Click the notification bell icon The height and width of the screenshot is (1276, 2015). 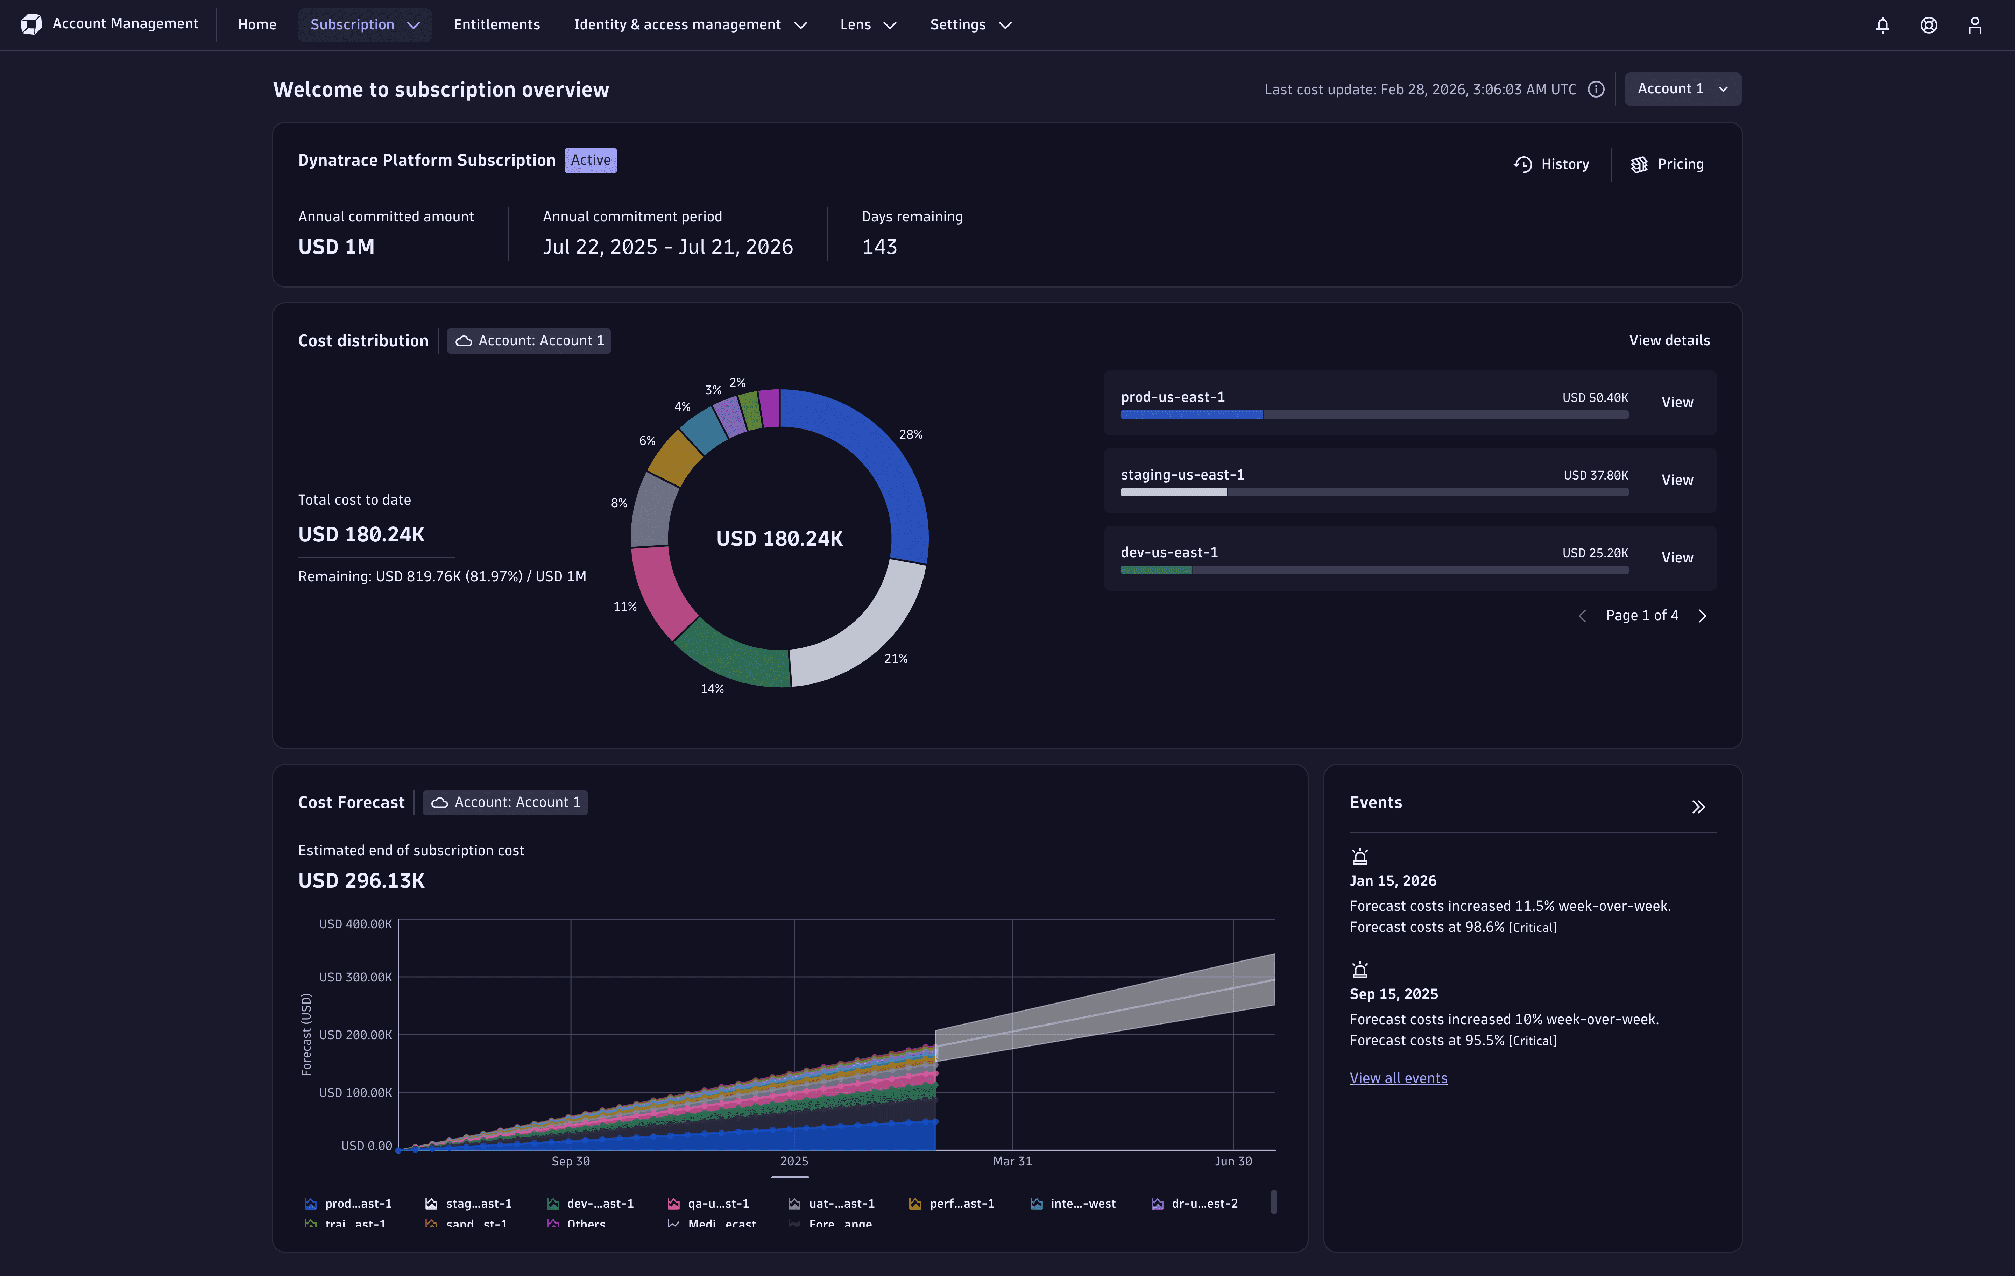(1882, 25)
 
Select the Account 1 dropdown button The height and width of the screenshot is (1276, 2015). (1682, 89)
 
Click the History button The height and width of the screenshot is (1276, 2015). (1551, 164)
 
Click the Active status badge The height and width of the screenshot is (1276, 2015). (591, 160)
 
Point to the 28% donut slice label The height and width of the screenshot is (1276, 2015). (911, 434)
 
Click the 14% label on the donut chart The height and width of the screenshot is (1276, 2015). (712, 689)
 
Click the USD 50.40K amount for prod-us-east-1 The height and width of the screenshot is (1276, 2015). (1595, 397)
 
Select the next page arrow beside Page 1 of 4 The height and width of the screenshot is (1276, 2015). (1702, 616)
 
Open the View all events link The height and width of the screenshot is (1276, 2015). (1398, 1078)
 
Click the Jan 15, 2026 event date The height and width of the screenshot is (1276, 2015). (1392, 881)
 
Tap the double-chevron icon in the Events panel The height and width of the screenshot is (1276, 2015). (1698, 807)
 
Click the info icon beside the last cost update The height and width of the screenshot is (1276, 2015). (1596, 90)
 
